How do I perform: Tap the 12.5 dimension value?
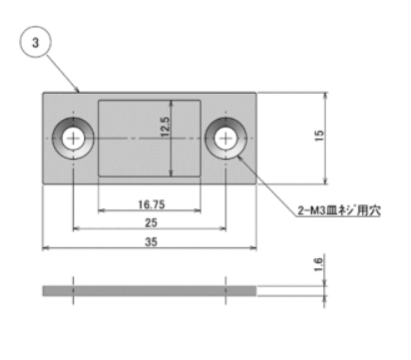pyautogui.click(x=165, y=127)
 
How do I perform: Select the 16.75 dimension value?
pyautogui.click(x=152, y=204)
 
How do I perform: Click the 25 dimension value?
pyautogui.click(x=151, y=222)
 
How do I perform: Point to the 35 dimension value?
pyautogui.click(x=151, y=241)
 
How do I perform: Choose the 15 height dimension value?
pyautogui.click(x=319, y=136)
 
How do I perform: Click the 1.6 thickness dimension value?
pyautogui.click(x=318, y=264)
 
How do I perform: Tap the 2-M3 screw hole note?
pyautogui.click(x=339, y=210)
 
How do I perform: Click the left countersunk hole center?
pyautogui.click(x=73, y=138)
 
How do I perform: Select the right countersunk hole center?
pyautogui.click(x=225, y=138)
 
